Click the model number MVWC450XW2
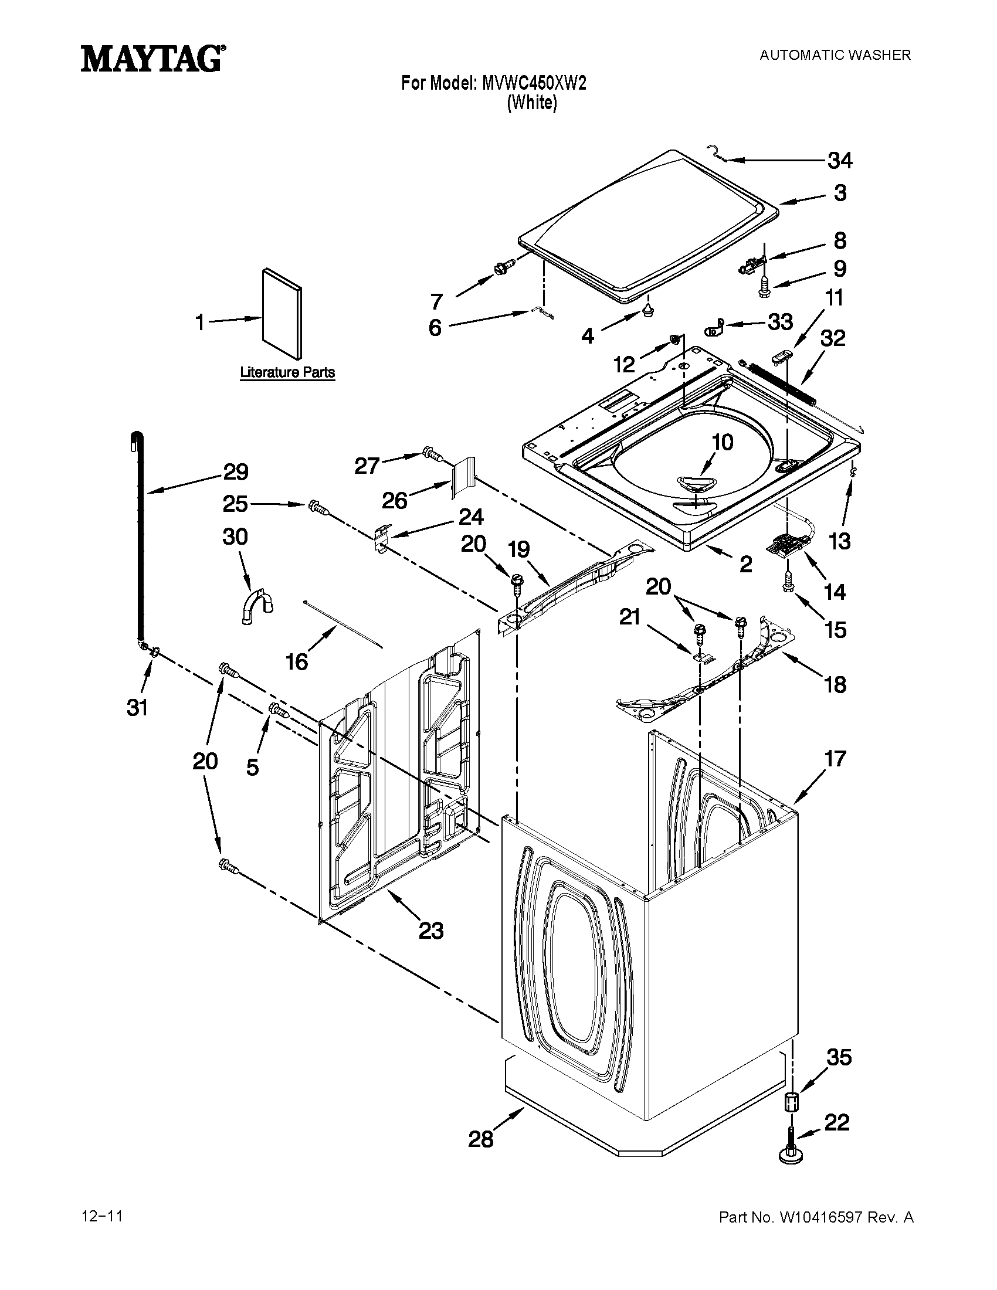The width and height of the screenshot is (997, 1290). coord(534,83)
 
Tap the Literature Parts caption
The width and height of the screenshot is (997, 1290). coord(287,373)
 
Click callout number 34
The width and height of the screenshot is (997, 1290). coord(839,160)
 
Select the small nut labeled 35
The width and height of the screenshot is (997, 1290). coord(792,1102)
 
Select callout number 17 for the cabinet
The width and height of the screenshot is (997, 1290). coord(835,758)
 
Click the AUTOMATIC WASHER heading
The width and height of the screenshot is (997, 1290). coord(835,56)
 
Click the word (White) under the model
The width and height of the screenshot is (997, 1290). coord(531,103)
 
